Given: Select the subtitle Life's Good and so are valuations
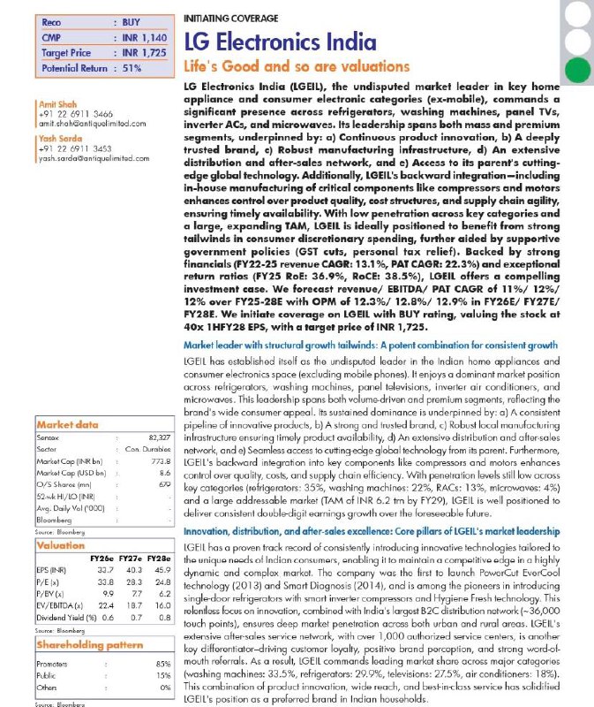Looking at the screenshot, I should tap(297, 67).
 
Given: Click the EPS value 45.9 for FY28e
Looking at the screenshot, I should tap(161, 571).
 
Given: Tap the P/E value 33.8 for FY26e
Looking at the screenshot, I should tap(102, 582).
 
